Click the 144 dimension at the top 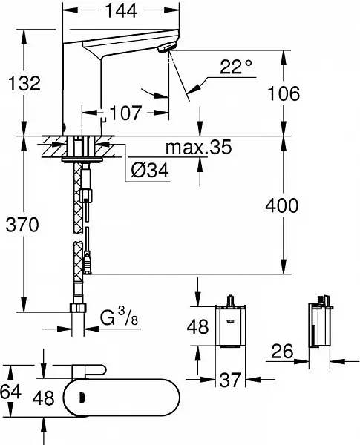pyautogui.click(x=121, y=11)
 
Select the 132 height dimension pyautogui.click(x=24, y=83)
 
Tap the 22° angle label pyautogui.click(x=236, y=67)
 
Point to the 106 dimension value pyautogui.click(x=284, y=93)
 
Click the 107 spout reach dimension pyautogui.click(x=125, y=113)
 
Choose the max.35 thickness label pyautogui.click(x=199, y=147)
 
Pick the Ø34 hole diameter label pyautogui.click(x=150, y=170)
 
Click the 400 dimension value pyautogui.click(x=282, y=205)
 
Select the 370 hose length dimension pyautogui.click(x=22, y=225)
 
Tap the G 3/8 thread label pyautogui.click(x=119, y=317)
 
